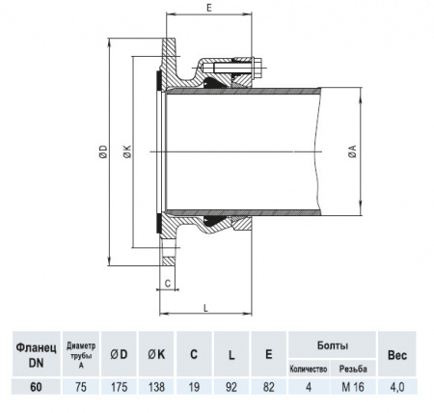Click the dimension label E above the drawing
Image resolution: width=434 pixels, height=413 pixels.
(x=208, y=7)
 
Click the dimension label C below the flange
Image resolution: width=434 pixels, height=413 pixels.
(x=168, y=284)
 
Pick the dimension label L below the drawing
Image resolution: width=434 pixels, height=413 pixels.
(x=207, y=306)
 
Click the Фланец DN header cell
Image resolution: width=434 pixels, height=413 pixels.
(x=34, y=353)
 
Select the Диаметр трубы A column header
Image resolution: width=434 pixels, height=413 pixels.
(x=81, y=353)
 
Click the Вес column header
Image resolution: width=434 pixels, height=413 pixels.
(x=396, y=353)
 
